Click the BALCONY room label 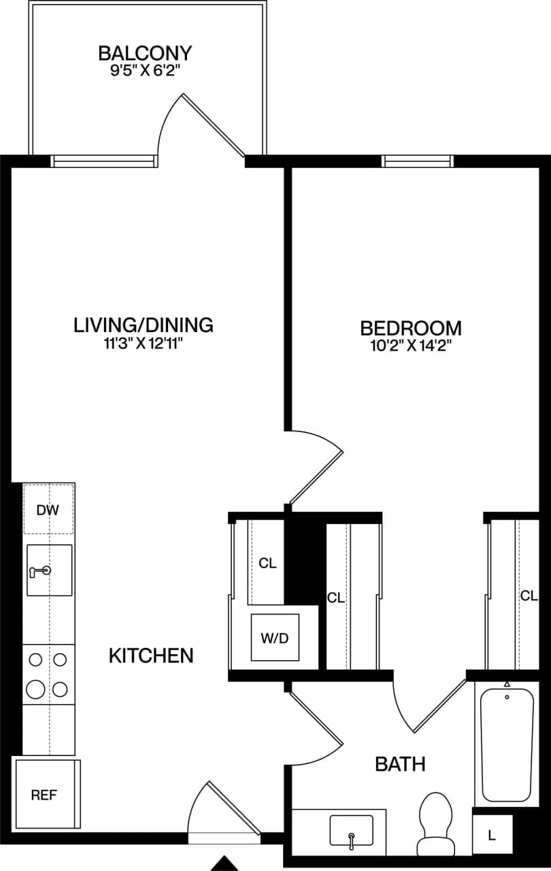coord(145,53)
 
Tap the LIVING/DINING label coord(144,325)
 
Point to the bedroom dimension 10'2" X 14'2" coord(410,346)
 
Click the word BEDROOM coord(410,328)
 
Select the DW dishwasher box coord(49,509)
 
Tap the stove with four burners coord(48,674)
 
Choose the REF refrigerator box coord(45,794)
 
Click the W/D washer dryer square coord(275,638)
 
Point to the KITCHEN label coord(151,656)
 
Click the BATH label coord(401,764)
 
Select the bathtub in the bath coord(507,745)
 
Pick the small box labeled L coord(492,834)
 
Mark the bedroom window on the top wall coord(418,161)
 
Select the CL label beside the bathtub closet coord(529,595)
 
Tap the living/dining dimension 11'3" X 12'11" coord(144,344)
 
